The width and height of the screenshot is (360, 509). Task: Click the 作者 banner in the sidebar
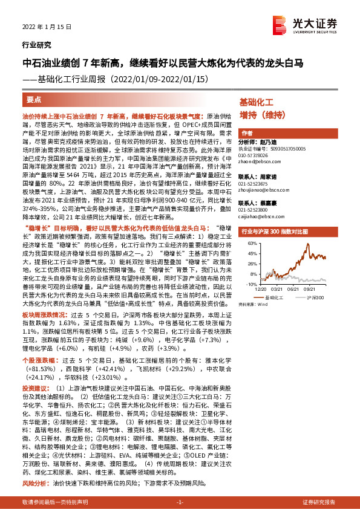click(x=247, y=133)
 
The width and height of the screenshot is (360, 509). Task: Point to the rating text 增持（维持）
click(x=261, y=114)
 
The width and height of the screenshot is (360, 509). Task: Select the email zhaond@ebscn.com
click(x=259, y=160)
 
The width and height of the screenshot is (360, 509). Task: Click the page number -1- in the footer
click(x=180, y=502)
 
